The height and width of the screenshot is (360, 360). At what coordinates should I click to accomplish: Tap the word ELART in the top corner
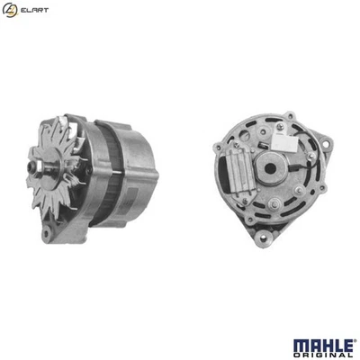(33, 11)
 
